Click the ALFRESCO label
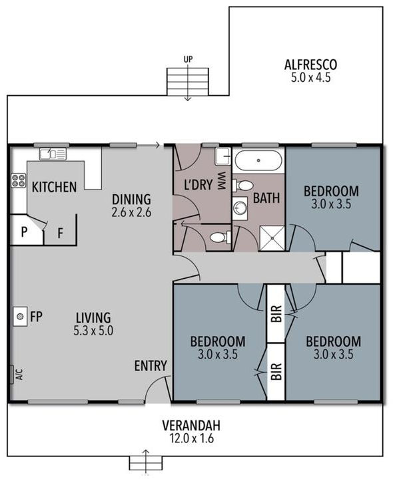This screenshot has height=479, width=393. pos(310,65)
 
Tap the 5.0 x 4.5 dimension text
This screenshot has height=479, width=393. pos(310,77)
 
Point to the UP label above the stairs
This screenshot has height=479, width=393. pos(188,60)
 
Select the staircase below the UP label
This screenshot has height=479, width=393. pos(188,82)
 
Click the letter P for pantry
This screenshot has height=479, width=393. pos(24,233)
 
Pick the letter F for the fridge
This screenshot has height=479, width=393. pos(60,234)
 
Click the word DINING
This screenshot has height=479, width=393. pos(131,199)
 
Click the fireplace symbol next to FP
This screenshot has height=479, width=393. pos(20,316)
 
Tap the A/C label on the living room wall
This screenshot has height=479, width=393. pos(19,375)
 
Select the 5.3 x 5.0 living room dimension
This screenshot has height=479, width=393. pos(93,330)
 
